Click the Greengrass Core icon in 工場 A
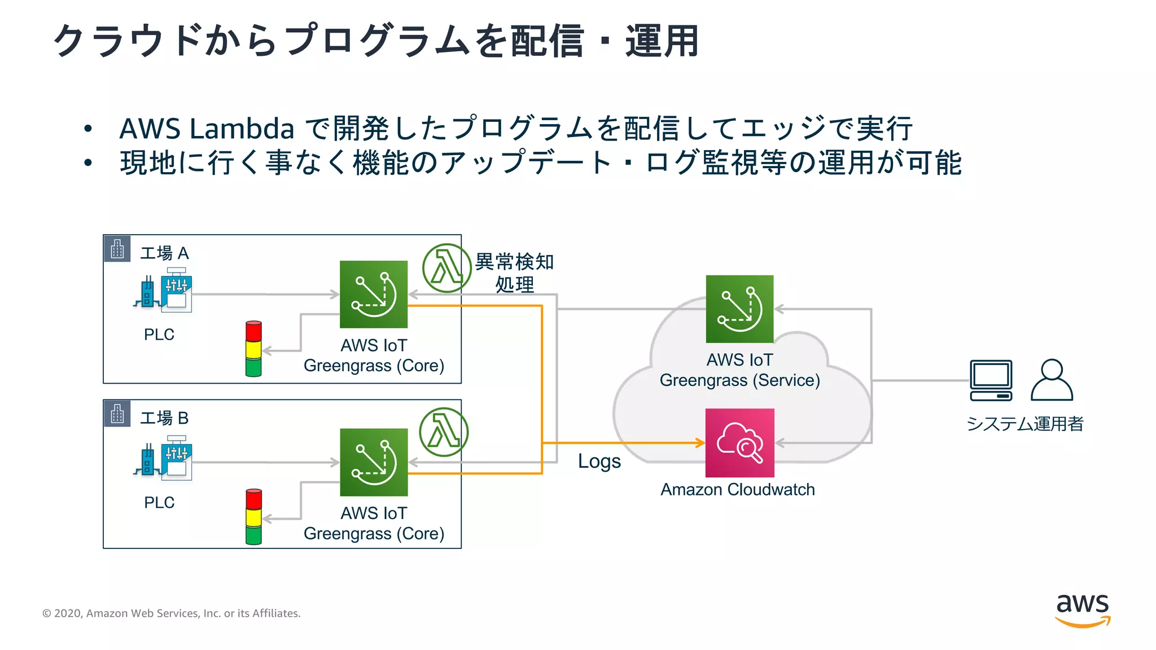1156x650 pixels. click(373, 294)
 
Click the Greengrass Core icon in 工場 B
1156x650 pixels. click(373, 462)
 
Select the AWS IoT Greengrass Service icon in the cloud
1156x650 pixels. click(739, 309)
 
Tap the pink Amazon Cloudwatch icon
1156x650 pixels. click(739, 443)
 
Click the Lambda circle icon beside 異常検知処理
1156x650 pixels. click(446, 268)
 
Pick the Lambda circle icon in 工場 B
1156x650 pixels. click(444, 432)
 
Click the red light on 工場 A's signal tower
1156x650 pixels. click(253, 331)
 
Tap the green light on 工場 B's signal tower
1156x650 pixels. click(253, 534)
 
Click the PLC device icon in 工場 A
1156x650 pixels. click(164, 291)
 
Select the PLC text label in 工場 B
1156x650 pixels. click(159, 502)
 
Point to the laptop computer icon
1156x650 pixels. click(991, 380)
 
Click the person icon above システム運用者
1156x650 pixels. click(1052, 380)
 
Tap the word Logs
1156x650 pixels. click(599, 462)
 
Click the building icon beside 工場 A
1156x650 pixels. click(117, 249)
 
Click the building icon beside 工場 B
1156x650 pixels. click(117, 414)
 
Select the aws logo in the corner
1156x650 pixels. click(1082, 610)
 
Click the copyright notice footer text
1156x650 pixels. click(171, 613)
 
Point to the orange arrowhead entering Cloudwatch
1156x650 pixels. click(700, 443)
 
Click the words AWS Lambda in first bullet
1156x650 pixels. click(207, 129)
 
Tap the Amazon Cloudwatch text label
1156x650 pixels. click(737, 489)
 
